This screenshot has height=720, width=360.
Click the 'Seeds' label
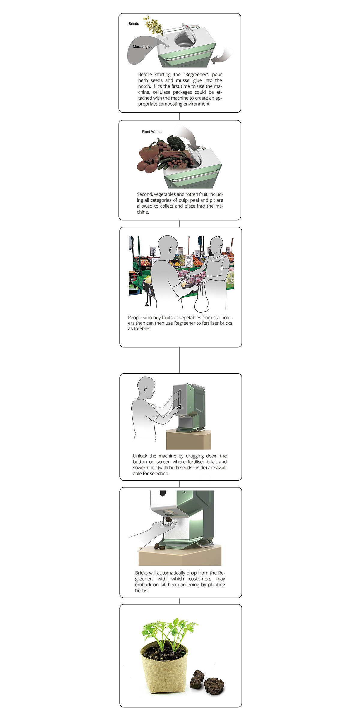pos(134,24)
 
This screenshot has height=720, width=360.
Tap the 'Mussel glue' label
pos(142,47)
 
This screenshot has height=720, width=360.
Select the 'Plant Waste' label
pos(151,132)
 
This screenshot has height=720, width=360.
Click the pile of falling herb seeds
pos(153,26)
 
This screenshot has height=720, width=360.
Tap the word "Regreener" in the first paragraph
pos(196,74)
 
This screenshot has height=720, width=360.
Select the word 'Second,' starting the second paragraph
pos(145,194)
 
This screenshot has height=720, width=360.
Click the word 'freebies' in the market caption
pos(142,328)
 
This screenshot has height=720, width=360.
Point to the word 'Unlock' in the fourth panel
pos(140,456)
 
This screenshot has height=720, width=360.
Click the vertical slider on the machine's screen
pos(179,399)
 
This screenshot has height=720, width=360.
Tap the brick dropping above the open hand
pos(169,519)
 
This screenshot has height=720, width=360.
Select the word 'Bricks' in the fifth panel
pos(141,573)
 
